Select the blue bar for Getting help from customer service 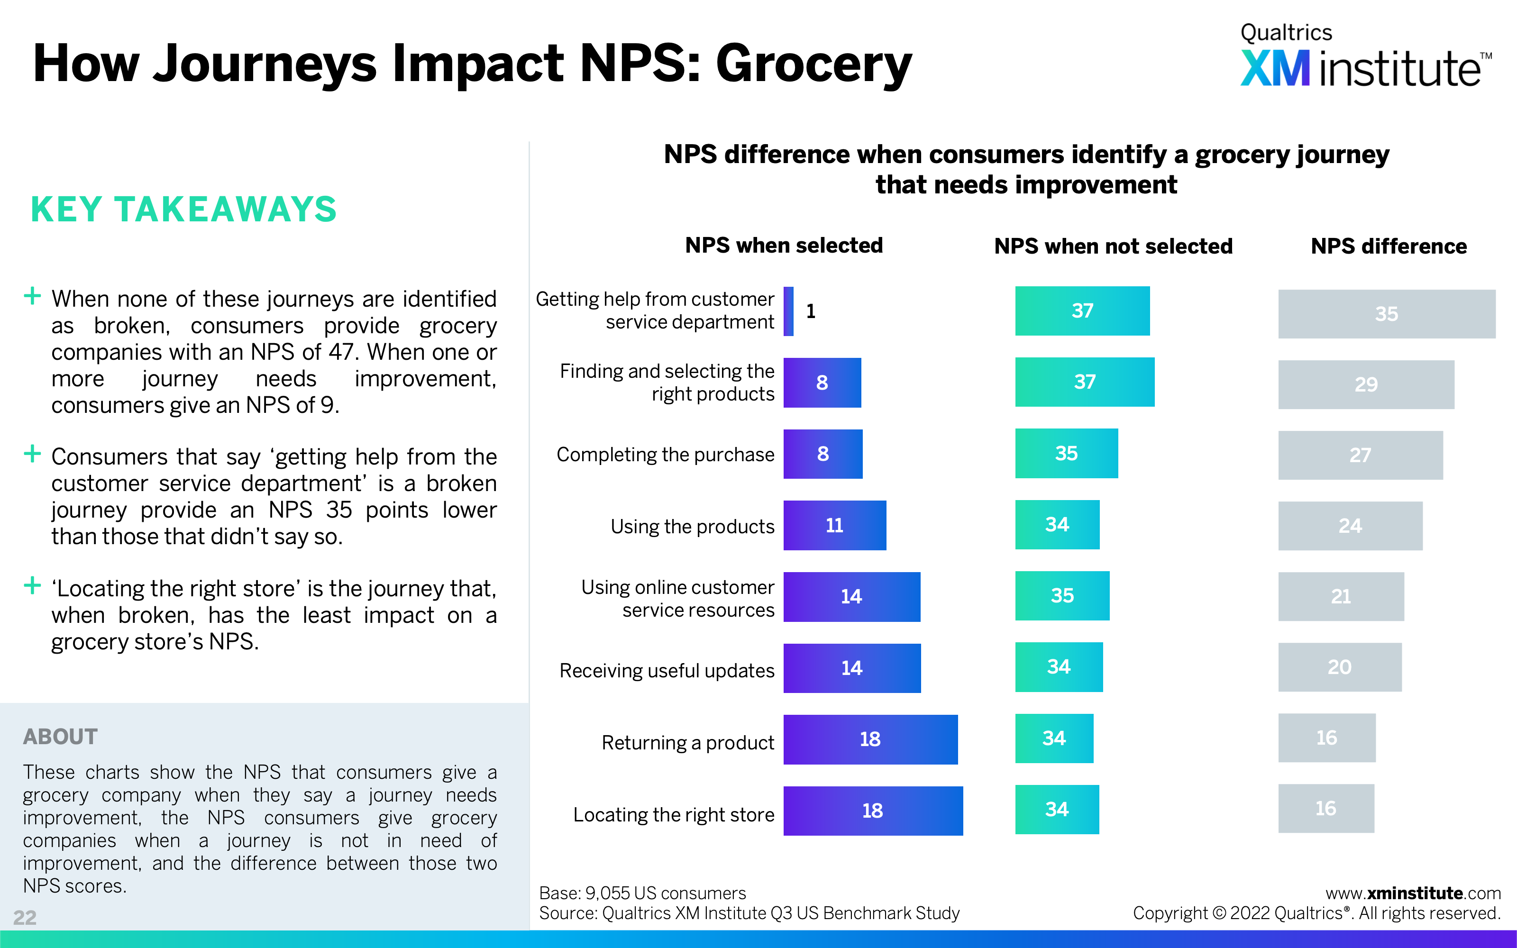(788, 311)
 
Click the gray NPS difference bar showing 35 (1387, 313)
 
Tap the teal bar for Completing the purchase (1066, 453)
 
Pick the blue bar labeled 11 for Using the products (835, 525)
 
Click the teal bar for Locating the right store (1057, 810)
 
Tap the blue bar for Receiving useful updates (852, 668)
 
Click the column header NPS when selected (784, 245)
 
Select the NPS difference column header (1389, 246)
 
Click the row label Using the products (693, 527)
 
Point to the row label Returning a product (688, 742)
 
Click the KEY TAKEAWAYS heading (183, 209)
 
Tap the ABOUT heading (60, 736)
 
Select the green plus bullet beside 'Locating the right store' (32, 585)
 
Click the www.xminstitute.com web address (1413, 893)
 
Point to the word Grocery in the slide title (813, 64)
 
